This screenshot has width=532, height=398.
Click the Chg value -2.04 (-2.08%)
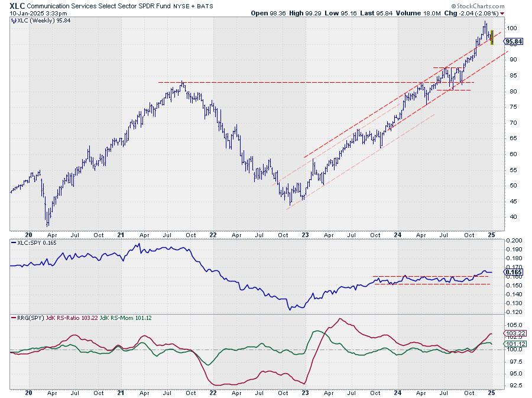(x=477, y=12)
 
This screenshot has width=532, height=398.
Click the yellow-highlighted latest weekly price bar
(x=492, y=38)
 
